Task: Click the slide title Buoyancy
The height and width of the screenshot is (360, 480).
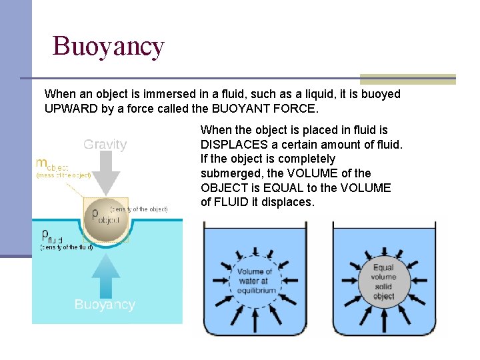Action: (x=108, y=47)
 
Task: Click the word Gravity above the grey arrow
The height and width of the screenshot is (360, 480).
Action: (x=105, y=144)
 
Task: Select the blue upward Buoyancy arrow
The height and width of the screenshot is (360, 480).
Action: (x=105, y=274)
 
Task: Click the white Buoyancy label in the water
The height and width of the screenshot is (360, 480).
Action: (x=105, y=305)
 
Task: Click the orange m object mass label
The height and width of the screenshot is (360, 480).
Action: (x=52, y=164)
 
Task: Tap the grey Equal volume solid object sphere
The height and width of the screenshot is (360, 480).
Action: (x=383, y=281)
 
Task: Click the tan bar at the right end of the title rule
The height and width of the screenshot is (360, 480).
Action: (x=407, y=79)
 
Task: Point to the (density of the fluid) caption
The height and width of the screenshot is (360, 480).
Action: (x=66, y=247)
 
